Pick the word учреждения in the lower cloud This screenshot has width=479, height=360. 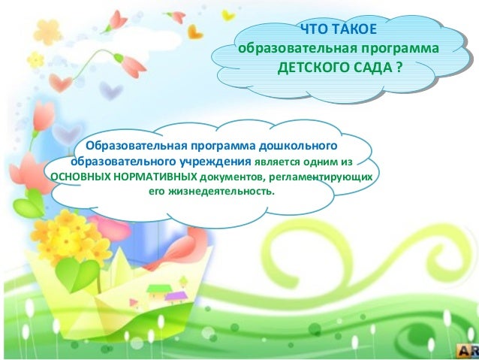pos(215,161)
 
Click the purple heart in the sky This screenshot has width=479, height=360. pos(112,92)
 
